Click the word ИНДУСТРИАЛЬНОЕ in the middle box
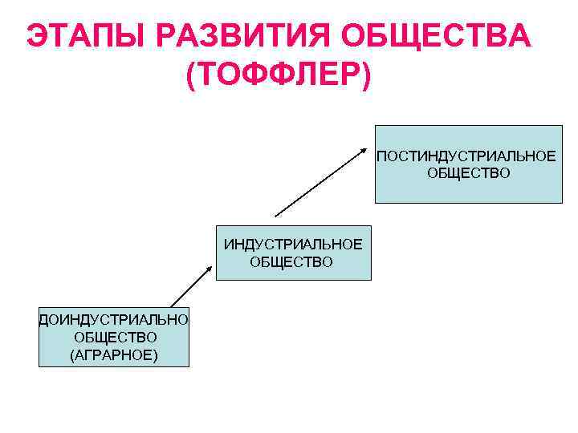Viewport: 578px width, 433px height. pyautogui.click(x=293, y=244)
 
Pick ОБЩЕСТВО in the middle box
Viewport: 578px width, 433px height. pyautogui.click(x=293, y=261)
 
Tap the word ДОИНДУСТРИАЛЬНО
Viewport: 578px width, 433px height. pyautogui.click(x=114, y=320)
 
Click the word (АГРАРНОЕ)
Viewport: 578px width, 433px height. pyautogui.click(x=114, y=354)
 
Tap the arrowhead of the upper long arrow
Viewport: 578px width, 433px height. pyautogui.click(x=362, y=150)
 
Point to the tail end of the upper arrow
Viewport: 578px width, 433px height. pyautogui.click(x=276, y=215)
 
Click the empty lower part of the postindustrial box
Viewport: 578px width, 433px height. pyautogui.click(x=468, y=193)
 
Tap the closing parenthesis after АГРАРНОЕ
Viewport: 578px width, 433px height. pyautogui.click(x=155, y=354)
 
